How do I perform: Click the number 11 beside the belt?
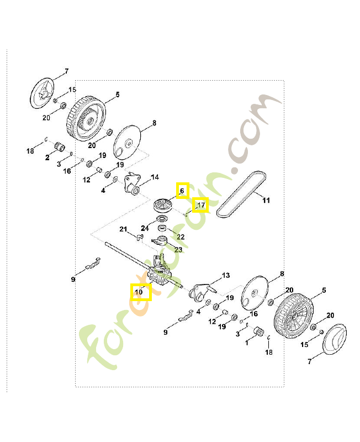(x=266, y=201)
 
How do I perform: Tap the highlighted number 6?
(x=182, y=191)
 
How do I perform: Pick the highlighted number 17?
(x=201, y=205)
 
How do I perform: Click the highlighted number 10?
(x=139, y=292)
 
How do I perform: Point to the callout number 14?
(x=155, y=177)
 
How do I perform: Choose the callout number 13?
(x=226, y=275)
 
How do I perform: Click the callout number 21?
(x=123, y=229)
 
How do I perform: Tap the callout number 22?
(x=181, y=237)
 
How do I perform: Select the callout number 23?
(x=178, y=250)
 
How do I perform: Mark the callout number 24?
(x=145, y=228)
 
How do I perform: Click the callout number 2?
(x=47, y=157)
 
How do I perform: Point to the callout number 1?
(x=247, y=343)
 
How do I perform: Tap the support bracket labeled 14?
(x=132, y=184)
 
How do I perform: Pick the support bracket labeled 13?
(x=201, y=292)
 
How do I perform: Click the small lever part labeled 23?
(x=160, y=240)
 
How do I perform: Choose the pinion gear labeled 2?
(x=60, y=146)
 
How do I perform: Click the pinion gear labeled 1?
(x=258, y=332)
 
